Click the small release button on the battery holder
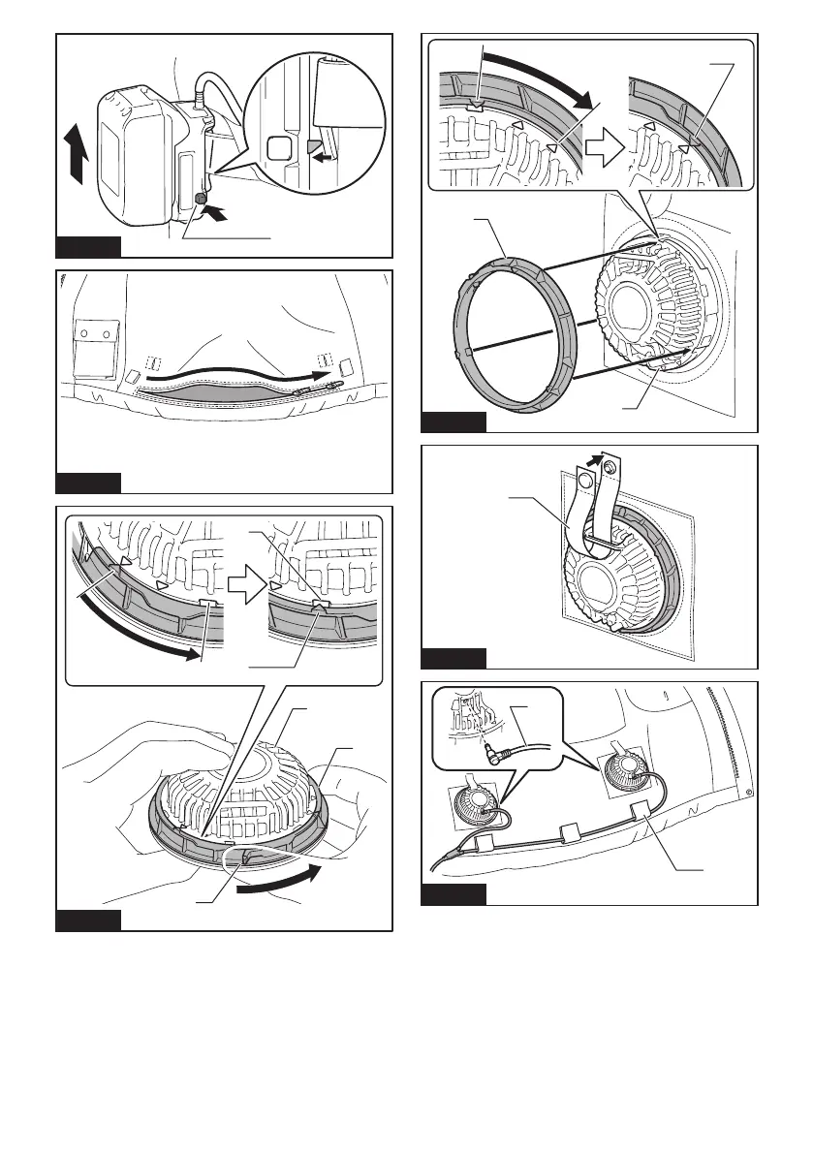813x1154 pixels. (x=200, y=200)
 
